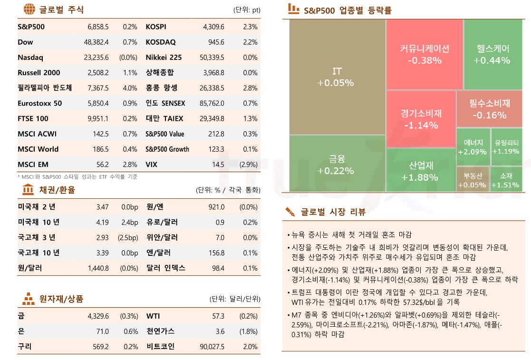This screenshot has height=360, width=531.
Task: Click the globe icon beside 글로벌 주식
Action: click(x=29, y=10)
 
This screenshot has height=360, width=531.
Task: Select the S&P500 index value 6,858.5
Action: click(x=98, y=27)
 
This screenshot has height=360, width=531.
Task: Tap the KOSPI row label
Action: click(x=156, y=27)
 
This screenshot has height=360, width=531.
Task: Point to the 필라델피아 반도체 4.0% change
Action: click(x=130, y=88)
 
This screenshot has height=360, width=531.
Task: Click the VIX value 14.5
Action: click(x=218, y=165)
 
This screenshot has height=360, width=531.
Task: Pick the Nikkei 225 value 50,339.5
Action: click(x=212, y=58)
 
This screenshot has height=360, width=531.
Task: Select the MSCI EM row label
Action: click(x=33, y=165)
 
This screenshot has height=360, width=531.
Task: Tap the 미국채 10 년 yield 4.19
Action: click(x=102, y=222)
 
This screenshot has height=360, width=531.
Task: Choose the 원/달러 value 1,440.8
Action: click(x=98, y=268)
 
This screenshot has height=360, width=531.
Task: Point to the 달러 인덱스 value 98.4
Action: click(x=218, y=268)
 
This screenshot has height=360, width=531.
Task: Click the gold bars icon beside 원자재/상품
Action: click(x=29, y=299)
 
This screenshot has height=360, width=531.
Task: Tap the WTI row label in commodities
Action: click(x=153, y=316)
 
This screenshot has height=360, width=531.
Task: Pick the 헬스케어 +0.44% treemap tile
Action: click(x=492, y=54)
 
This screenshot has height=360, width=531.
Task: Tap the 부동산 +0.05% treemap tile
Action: click(x=472, y=180)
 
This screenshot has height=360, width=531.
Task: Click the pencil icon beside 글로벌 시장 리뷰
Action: click(x=290, y=212)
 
